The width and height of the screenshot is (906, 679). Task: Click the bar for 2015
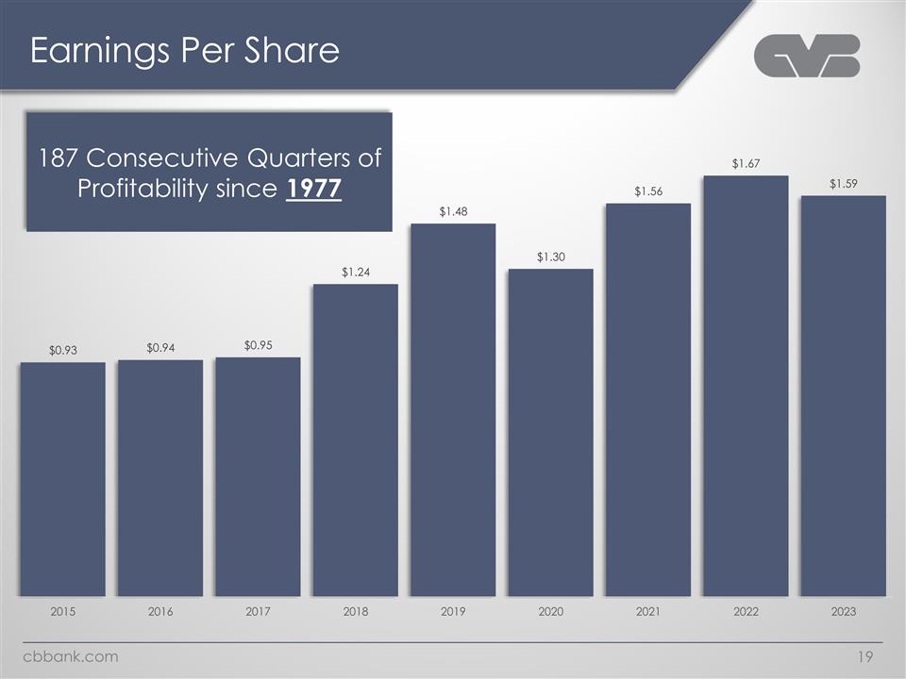pos(62,479)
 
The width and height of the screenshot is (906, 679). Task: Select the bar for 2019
pos(453,409)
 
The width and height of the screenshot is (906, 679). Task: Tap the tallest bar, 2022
pos(746,386)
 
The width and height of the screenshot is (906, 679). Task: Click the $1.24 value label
pos(356,273)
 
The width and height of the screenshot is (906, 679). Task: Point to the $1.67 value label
pos(746,164)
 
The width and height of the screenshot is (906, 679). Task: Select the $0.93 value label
pos(62,351)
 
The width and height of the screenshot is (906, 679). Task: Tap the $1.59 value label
pos(843,184)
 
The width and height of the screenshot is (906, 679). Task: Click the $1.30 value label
pos(550,257)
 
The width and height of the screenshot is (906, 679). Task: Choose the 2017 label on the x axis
pos(258,613)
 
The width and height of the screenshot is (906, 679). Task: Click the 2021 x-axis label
pos(647,613)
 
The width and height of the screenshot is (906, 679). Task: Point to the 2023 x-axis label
pos(843,613)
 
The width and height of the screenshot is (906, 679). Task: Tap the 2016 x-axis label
pos(160,613)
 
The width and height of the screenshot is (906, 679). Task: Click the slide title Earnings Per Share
pos(184,51)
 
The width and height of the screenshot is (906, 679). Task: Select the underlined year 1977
pos(312,189)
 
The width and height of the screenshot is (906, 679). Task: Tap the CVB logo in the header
pos(807,56)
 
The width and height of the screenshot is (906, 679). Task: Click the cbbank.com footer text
pos(71,656)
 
